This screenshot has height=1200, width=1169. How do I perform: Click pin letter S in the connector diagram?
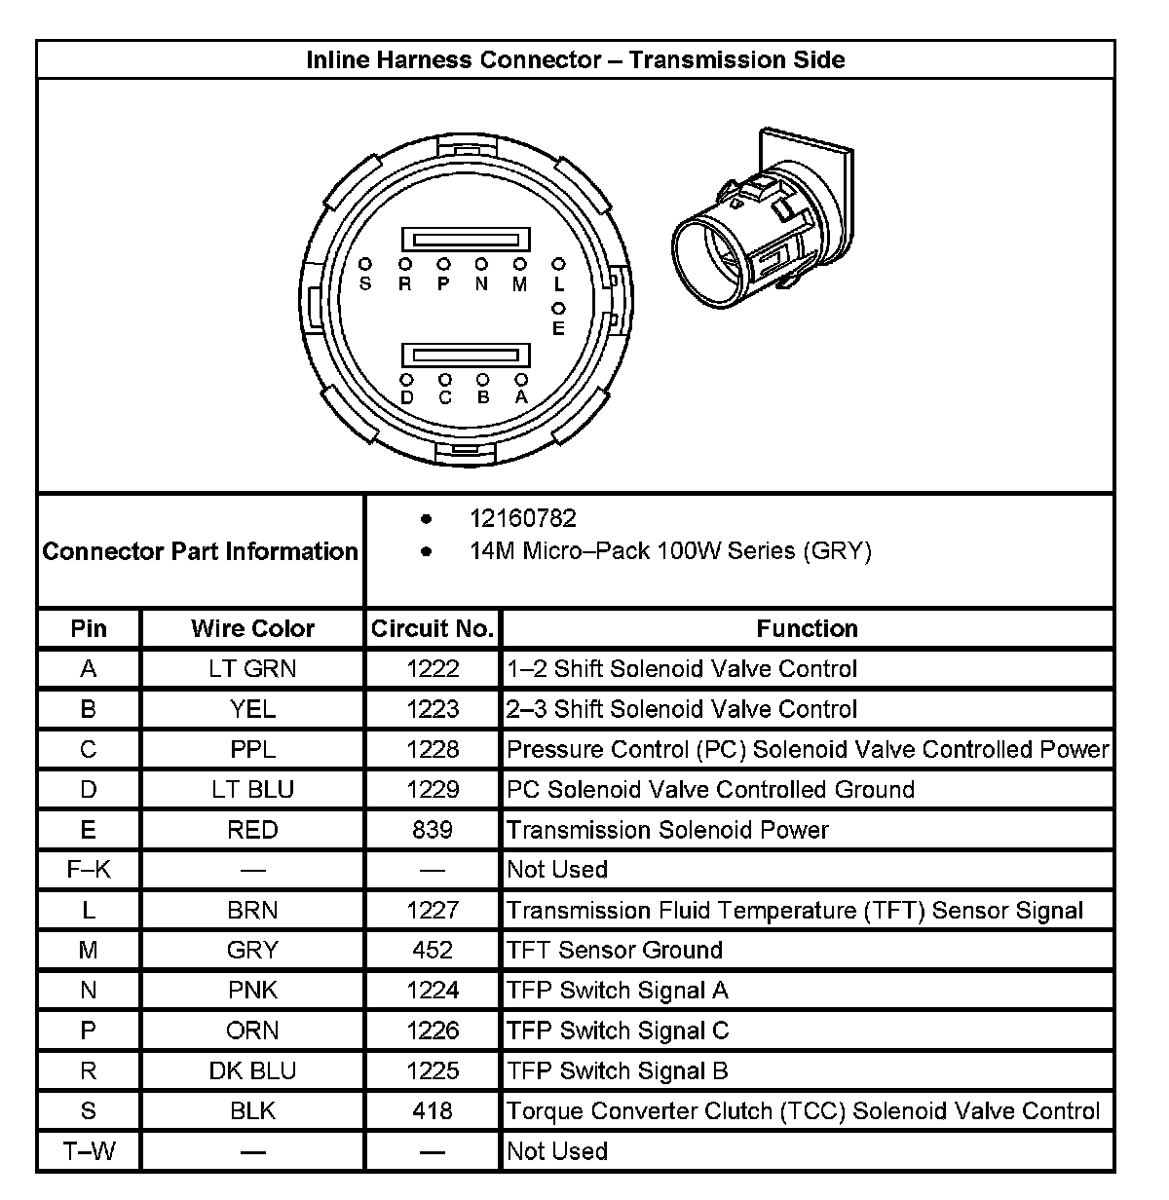pyautogui.click(x=365, y=284)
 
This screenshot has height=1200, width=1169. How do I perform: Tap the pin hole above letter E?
pyautogui.click(x=558, y=309)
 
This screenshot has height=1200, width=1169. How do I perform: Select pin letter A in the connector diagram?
pyautogui.click(x=521, y=397)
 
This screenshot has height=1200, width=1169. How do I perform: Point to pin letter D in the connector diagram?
pyautogui.click(x=406, y=397)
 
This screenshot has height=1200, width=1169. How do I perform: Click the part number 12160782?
pyautogui.click(x=522, y=518)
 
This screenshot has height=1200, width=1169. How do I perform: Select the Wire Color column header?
pyautogui.click(x=252, y=629)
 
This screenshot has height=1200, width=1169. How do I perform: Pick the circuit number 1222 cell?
pyautogui.click(x=433, y=669)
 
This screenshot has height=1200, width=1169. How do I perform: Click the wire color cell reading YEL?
pyautogui.click(x=252, y=709)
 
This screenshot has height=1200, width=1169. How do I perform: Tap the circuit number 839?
pyautogui.click(x=433, y=830)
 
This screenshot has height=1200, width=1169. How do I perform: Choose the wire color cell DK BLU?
pyautogui.click(x=252, y=1070)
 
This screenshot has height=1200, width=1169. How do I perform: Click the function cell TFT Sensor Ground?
pyautogui.click(x=614, y=950)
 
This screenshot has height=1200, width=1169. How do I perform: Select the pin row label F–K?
pyautogui.click(x=89, y=869)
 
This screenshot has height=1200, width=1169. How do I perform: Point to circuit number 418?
pyautogui.click(x=433, y=1110)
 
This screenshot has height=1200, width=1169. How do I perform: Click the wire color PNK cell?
pyautogui.click(x=252, y=991)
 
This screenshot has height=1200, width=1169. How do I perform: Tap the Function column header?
pyautogui.click(x=807, y=629)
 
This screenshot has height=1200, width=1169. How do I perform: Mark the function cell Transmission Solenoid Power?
pyautogui.click(x=667, y=830)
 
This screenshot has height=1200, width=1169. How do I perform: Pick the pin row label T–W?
pyautogui.click(x=89, y=1151)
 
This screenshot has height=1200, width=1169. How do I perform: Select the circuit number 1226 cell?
pyautogui.click(x=433, y=1031)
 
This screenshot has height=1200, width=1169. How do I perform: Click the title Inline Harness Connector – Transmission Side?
pyautogui.click(x=575, y=59)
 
